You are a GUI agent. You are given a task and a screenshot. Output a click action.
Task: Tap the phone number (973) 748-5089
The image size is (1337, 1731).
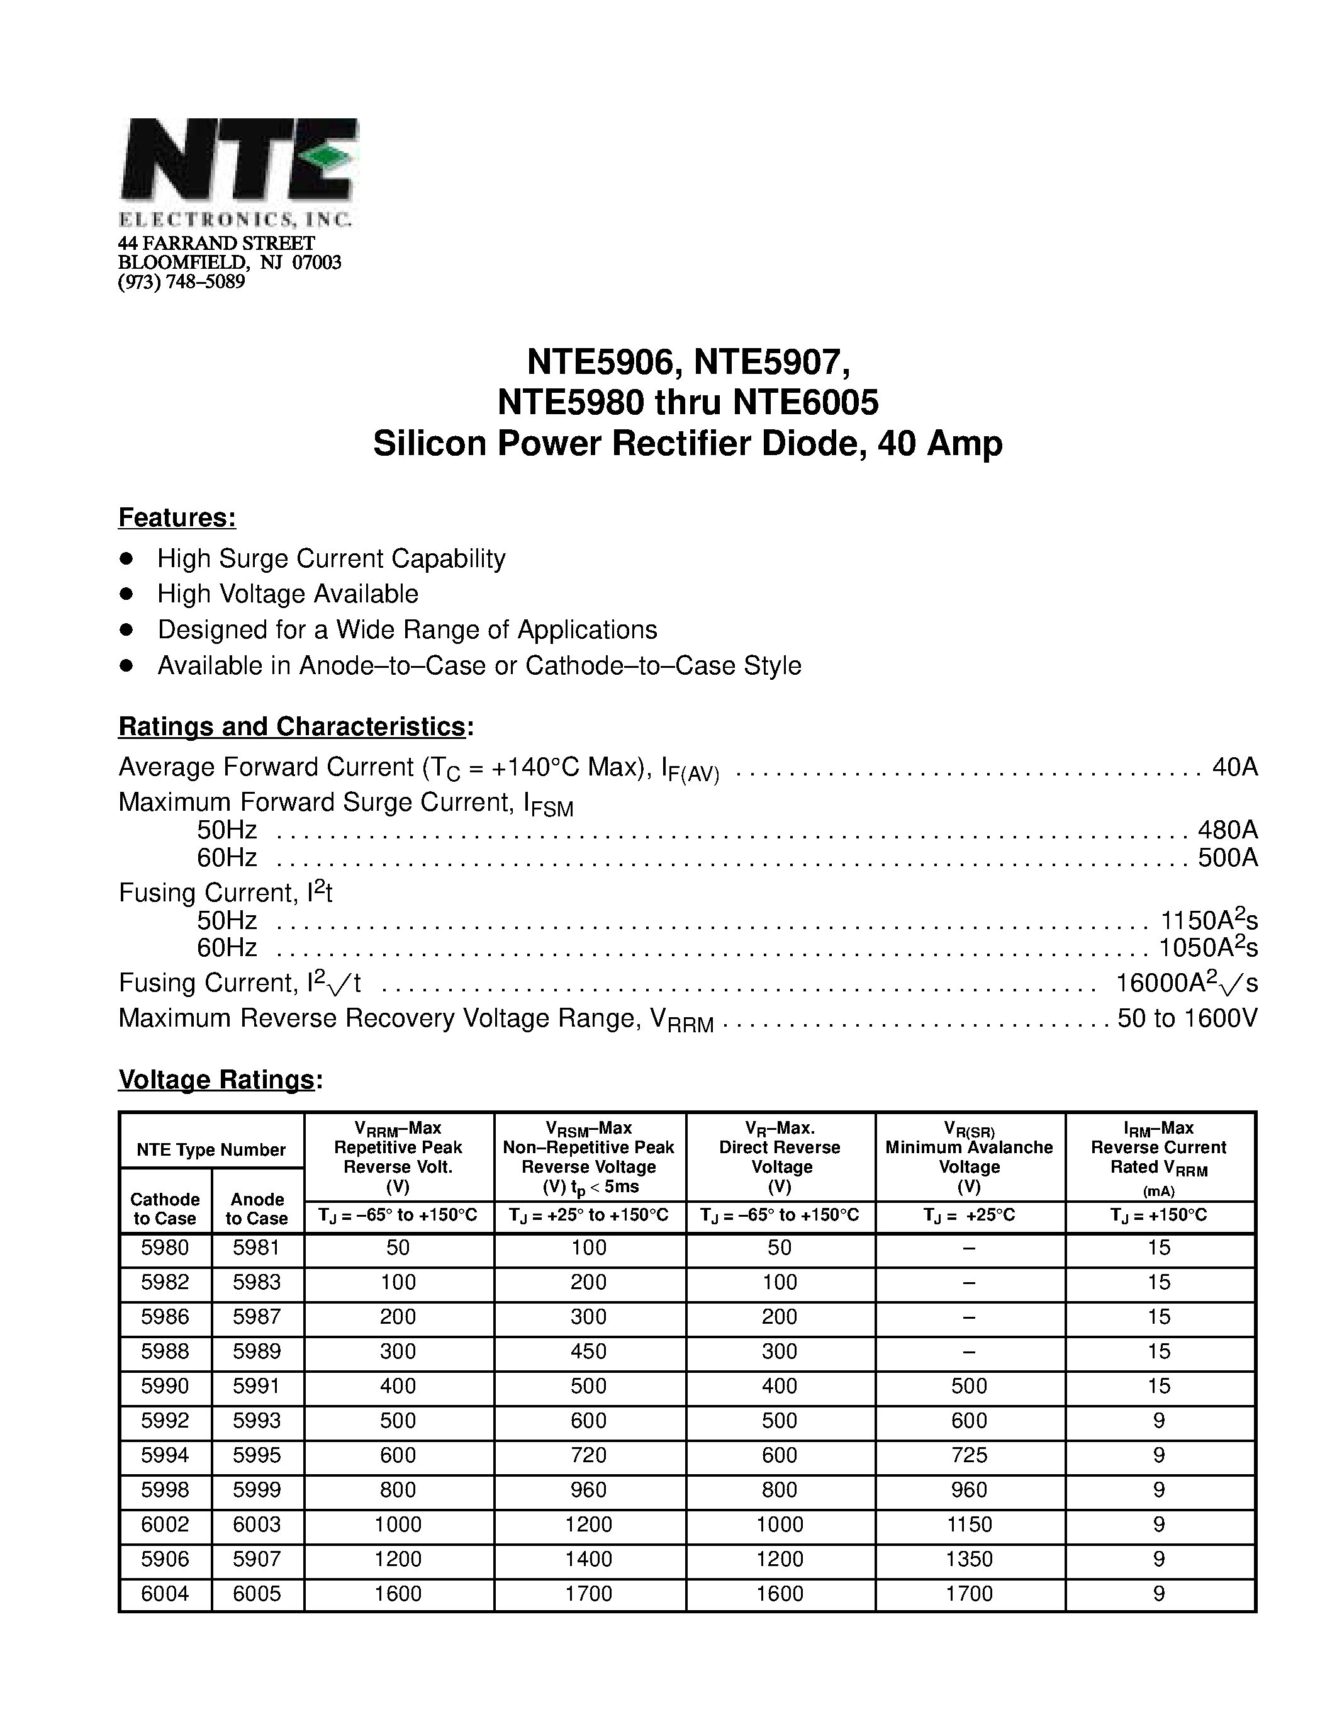[181, 282]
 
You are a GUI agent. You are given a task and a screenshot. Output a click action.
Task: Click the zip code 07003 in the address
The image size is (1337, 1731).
[317, 262]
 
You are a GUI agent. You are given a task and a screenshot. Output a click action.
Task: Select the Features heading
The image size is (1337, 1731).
[177, 517]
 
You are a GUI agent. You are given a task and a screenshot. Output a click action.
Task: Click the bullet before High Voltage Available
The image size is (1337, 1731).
[126, 594]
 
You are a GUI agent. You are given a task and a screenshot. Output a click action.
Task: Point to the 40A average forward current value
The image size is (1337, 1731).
[1235, 767]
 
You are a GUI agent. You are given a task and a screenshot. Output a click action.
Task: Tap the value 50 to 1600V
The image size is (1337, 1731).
[1187, 1018]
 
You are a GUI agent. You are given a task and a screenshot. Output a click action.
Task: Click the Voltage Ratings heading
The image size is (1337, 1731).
[216, 1080]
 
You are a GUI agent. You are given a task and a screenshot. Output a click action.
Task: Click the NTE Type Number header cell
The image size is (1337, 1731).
[211, 1150]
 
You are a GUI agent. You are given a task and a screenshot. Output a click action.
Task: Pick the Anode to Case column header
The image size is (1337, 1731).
[257, 1209]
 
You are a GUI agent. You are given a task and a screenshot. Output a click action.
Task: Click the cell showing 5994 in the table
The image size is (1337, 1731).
[165, 1455]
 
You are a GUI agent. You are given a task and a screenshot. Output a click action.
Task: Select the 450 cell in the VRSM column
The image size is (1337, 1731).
[588, 1351]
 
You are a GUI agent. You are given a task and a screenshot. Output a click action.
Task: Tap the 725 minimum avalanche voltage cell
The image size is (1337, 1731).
[969, 1455]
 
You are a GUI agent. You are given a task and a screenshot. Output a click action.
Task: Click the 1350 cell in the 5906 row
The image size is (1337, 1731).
[969, 1559]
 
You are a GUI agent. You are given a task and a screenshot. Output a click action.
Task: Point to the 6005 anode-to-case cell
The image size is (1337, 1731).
[257, 1594]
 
